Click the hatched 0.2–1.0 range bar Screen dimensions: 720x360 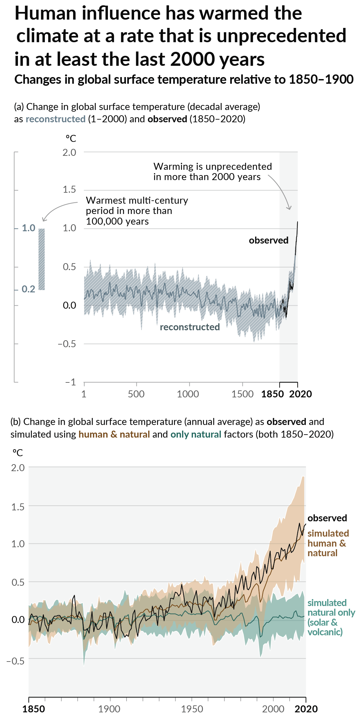point(42,259)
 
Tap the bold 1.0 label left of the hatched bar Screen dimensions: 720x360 point(29,228)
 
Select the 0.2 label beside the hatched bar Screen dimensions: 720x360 point(29,289)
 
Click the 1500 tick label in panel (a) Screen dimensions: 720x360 point(242,394)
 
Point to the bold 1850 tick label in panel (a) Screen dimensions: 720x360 point(272,394)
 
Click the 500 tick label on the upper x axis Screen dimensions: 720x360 point(136,394)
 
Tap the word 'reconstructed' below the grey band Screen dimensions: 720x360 point(190,327)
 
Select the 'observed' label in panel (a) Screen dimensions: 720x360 point(269,240)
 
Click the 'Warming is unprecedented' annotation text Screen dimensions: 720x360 point(213,166)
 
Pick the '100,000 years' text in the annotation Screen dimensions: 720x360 point(117,221)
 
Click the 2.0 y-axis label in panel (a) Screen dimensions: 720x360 point(69,153)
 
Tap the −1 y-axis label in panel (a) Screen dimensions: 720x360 point(70,382)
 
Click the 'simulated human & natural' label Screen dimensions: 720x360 point(327,543)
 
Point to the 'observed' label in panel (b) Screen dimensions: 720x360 point(327,518)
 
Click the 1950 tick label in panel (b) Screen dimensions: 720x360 point(192,709)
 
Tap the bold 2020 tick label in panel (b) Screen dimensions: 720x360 point(306,709)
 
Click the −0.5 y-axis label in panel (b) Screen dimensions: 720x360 point(16,661)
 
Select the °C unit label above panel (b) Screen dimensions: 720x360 point(18,453)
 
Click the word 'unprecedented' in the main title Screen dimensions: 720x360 point(282,36)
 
